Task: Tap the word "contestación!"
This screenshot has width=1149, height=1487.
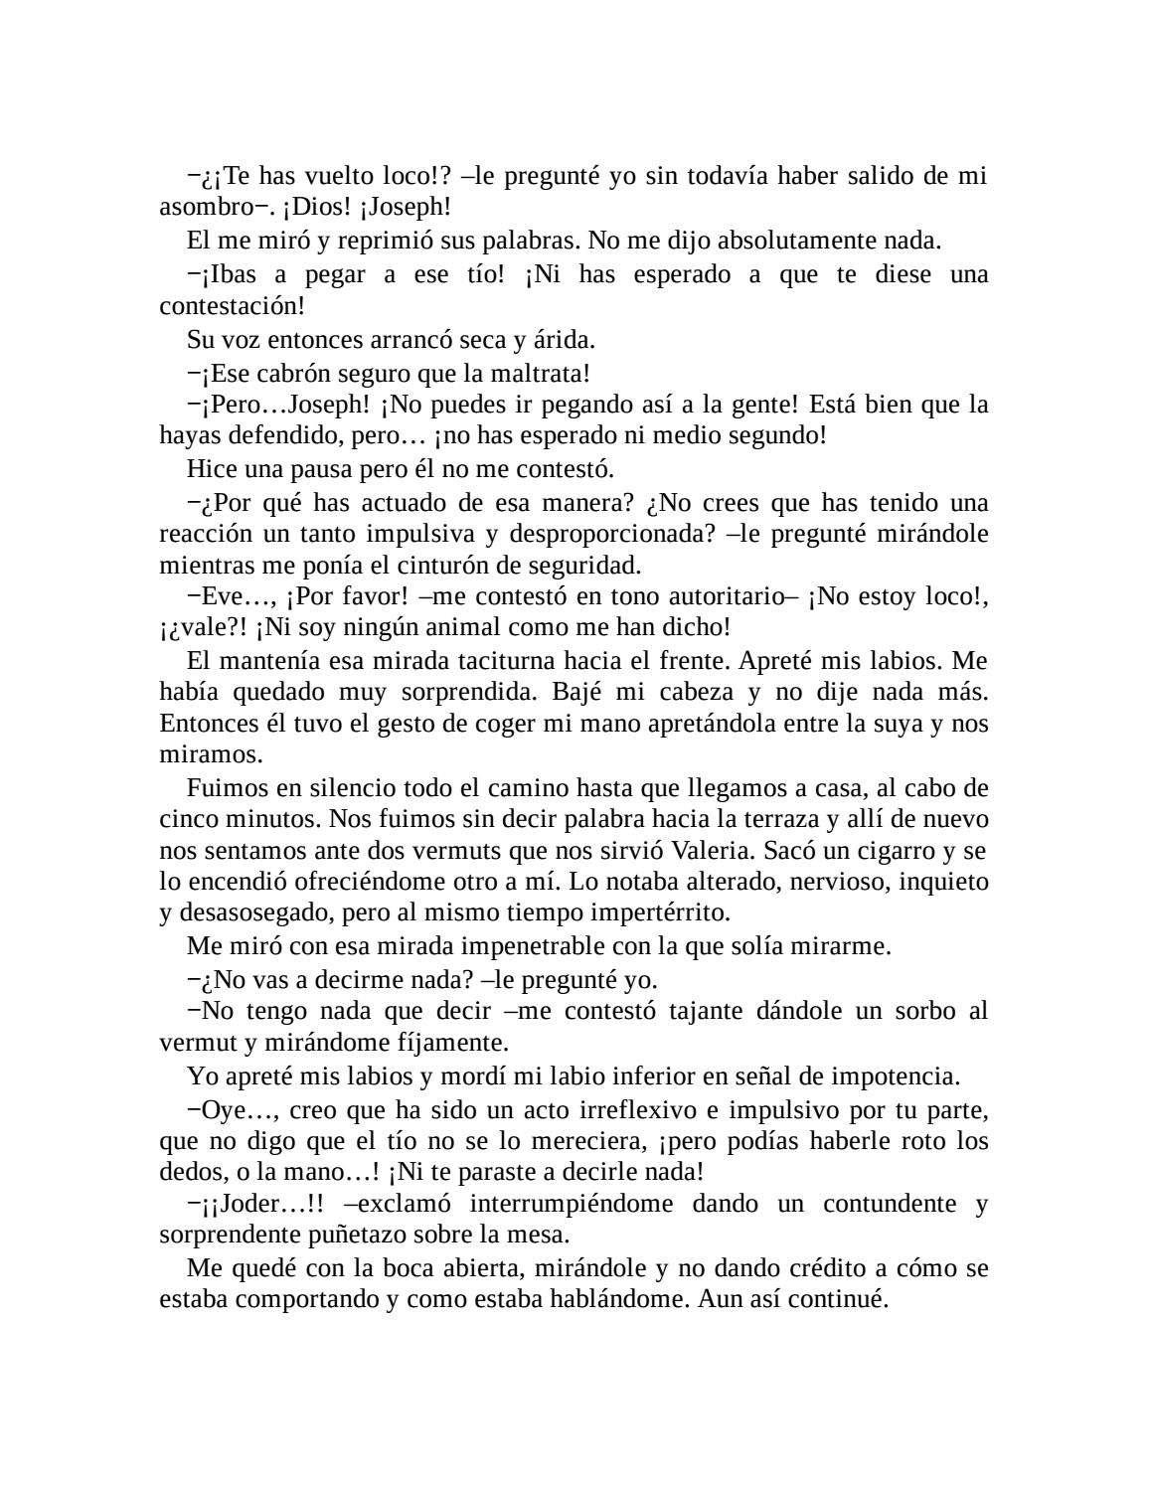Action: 232,306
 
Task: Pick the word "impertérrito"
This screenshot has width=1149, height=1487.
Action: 646,912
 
